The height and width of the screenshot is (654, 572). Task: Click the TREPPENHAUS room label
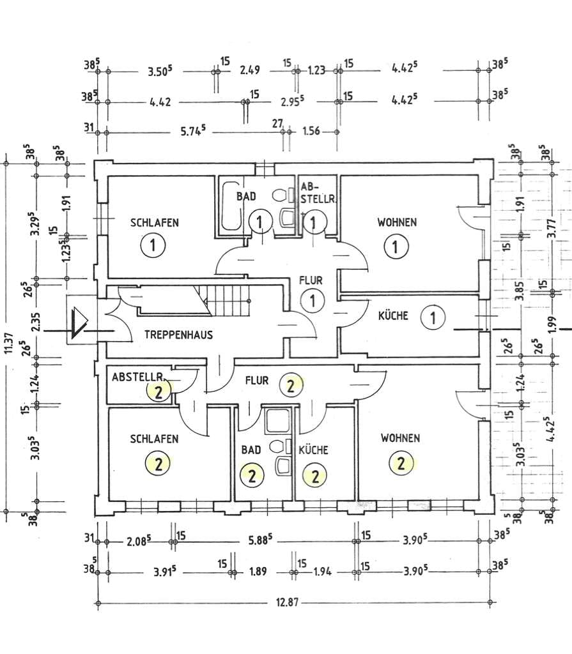point(178,335)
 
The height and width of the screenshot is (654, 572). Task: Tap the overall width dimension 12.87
point(287,602)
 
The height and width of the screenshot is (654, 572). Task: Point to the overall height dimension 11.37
point(9,343)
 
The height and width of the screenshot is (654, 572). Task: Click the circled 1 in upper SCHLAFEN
point(153,245)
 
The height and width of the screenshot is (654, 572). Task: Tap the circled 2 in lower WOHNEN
point(401,464)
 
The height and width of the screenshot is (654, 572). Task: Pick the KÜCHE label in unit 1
point(393,316)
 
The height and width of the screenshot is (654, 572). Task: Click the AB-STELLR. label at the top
point(317,194)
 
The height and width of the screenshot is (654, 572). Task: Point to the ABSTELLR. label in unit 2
point(138,377)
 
